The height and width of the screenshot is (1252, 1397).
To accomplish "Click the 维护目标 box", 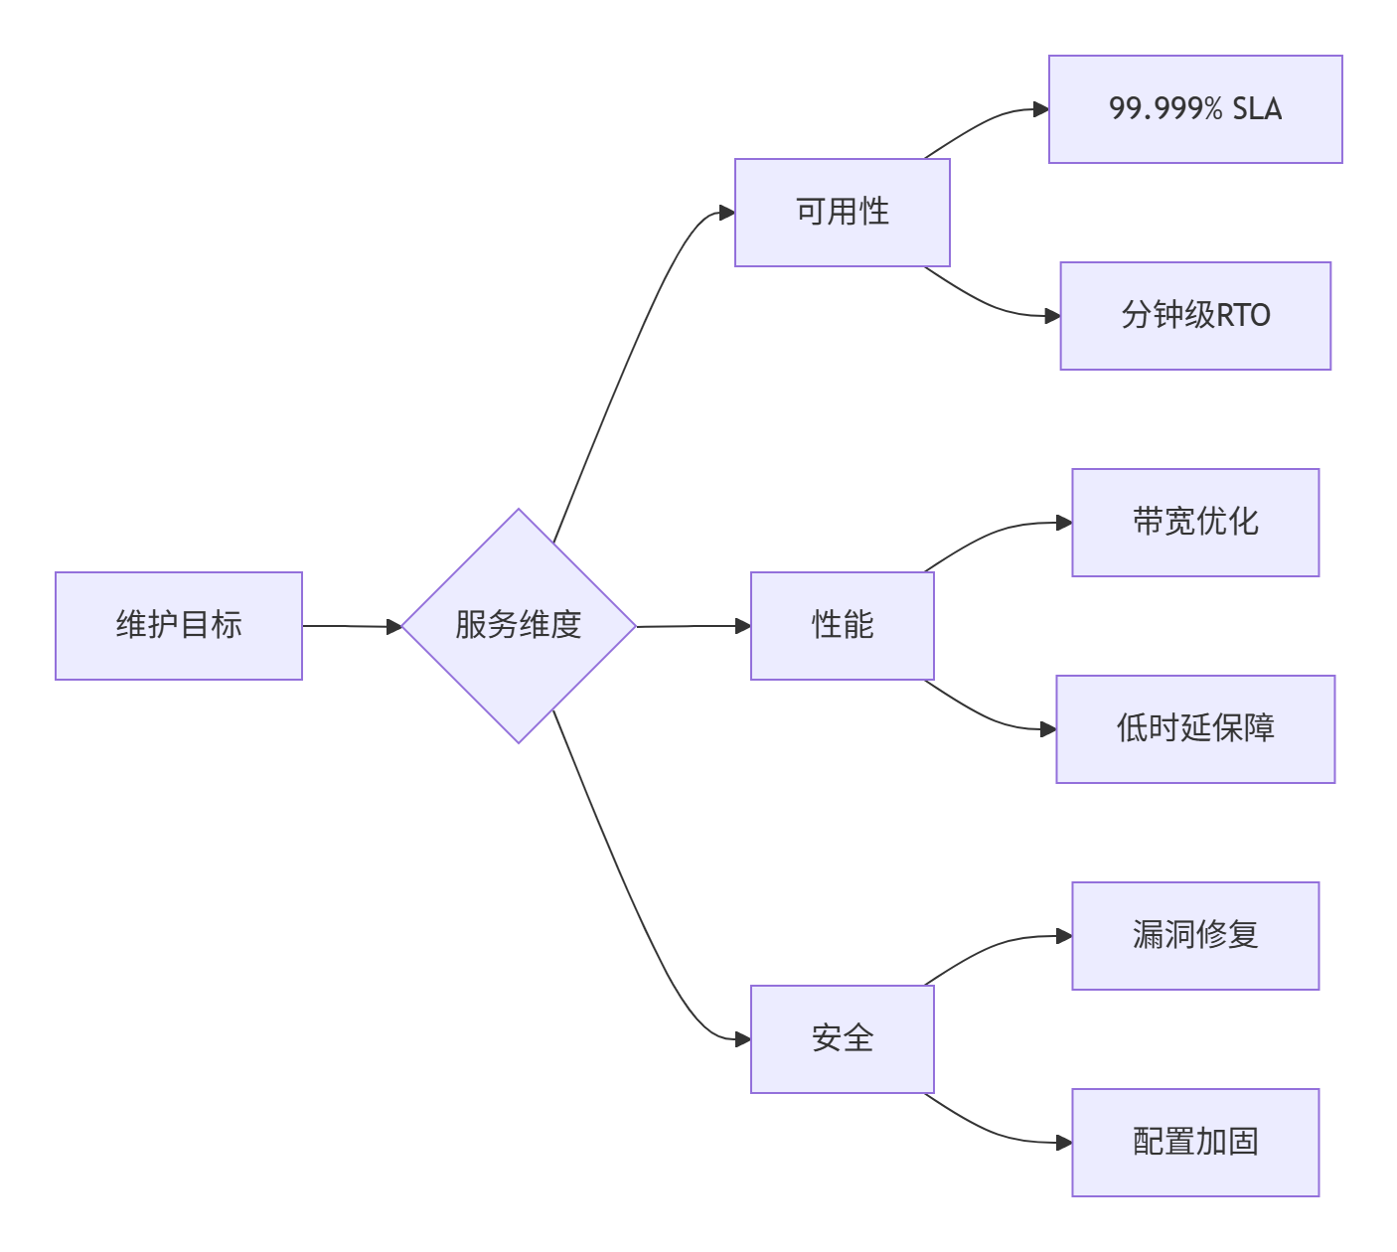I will [x=179, y=626].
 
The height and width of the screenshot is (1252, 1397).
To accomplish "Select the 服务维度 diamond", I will [x=519, y=626].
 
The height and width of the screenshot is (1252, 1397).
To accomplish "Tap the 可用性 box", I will [x=842, y=213].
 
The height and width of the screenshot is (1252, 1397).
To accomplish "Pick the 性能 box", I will [x=842, y=626].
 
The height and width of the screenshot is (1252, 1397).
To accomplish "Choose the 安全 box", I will [x=842, y=1039].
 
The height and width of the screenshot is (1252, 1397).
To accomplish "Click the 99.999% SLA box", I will [x=1195, y=109].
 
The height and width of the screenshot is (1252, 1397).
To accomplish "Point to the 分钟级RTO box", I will [x=1195, y=316].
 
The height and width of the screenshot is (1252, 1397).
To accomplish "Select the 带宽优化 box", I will [x=1195, y=523].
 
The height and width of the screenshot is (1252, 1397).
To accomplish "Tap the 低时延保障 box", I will [x=1195, y=729].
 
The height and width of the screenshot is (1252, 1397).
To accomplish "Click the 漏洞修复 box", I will [x=1195, y=936].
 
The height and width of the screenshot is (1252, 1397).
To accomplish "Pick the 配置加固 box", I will [x=1195, y=1143].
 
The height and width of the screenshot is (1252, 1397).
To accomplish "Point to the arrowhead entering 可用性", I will [x=727, y=213].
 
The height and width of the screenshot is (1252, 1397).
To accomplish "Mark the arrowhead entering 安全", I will [x=743, y=1039].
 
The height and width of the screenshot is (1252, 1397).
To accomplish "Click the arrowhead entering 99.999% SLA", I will [x=1041, y=109].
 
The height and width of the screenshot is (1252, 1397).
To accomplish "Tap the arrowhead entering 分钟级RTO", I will [x=1053, y=316].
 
